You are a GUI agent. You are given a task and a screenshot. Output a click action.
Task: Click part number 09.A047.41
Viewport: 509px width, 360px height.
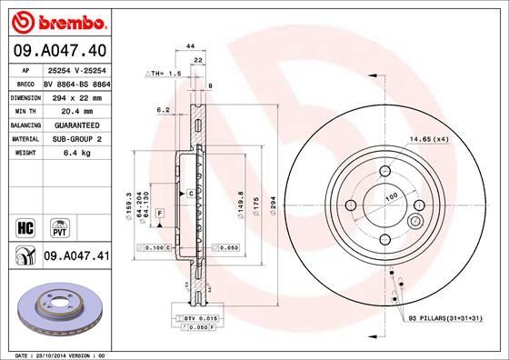(x=75, y=257)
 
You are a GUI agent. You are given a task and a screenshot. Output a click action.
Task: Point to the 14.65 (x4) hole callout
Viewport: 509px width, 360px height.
(x=429, y=138)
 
